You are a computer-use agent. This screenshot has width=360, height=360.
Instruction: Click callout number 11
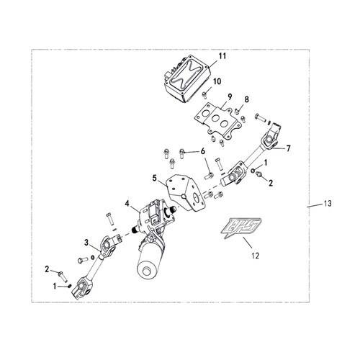point(222,56)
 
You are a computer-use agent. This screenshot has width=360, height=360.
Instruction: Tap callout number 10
point(217,81)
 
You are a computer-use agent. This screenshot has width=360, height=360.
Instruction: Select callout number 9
point(230,97)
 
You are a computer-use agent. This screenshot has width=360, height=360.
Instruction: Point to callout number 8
point(246,99)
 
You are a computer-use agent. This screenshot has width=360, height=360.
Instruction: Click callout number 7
point(288,148)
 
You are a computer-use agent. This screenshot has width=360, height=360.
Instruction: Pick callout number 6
point(203,151)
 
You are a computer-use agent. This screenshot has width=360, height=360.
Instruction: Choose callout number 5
point(154,179)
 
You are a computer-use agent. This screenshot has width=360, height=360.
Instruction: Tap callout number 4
point(127,204)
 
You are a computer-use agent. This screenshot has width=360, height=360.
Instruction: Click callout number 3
point(86,243)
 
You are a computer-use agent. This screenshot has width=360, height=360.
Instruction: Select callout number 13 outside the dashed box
point(328,204)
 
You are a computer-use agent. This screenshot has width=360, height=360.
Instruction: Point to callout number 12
point(256,256)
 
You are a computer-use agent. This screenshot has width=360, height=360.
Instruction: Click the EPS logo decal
point(240,228)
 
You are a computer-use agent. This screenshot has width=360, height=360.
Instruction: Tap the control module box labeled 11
point(187,78)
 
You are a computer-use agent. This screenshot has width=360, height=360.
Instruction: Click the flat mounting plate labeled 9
point(217,122)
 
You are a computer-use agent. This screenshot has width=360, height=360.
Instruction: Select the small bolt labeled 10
point(204,95)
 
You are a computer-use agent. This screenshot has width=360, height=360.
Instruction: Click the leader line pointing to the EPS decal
point(248,243)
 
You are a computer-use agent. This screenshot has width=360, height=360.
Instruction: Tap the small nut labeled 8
point(236,111)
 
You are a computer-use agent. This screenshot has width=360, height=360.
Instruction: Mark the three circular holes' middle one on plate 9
point(216,119)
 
